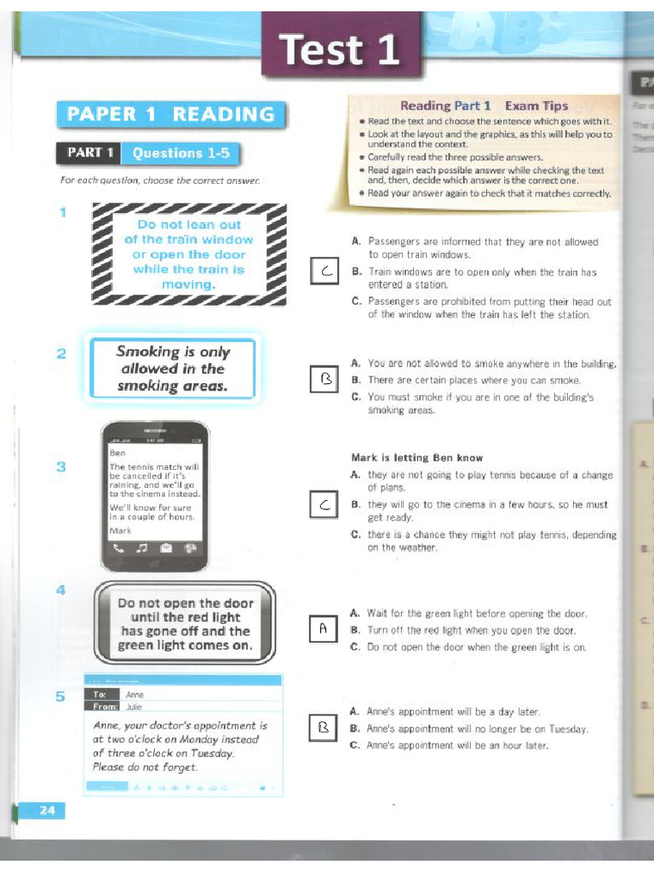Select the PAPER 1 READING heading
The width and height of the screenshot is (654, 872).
click(x=170, y=114)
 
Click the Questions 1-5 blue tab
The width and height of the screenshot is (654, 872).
click(x=180, y=153)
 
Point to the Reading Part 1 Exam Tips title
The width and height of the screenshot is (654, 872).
click(x=484, y=106)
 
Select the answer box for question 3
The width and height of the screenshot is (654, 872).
click(x=324, y=506)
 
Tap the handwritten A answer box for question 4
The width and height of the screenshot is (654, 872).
click(x=324, y=630)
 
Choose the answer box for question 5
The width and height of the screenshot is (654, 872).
click(x=324, y=729)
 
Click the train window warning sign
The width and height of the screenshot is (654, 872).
click(x=188, y=254)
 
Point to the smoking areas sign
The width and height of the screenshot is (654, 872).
click(x=173, y=369)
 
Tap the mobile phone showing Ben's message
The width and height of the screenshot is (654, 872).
click(x=154, y=496)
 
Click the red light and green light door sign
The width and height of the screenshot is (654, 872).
click(x=185, y=624)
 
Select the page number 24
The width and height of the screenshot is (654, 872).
click(x=47, y=811)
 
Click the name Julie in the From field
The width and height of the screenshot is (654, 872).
click(x=135, y=706)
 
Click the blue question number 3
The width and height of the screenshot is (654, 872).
click(x=61, y=467)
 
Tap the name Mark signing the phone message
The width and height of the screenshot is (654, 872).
click(x=121, y=531)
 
